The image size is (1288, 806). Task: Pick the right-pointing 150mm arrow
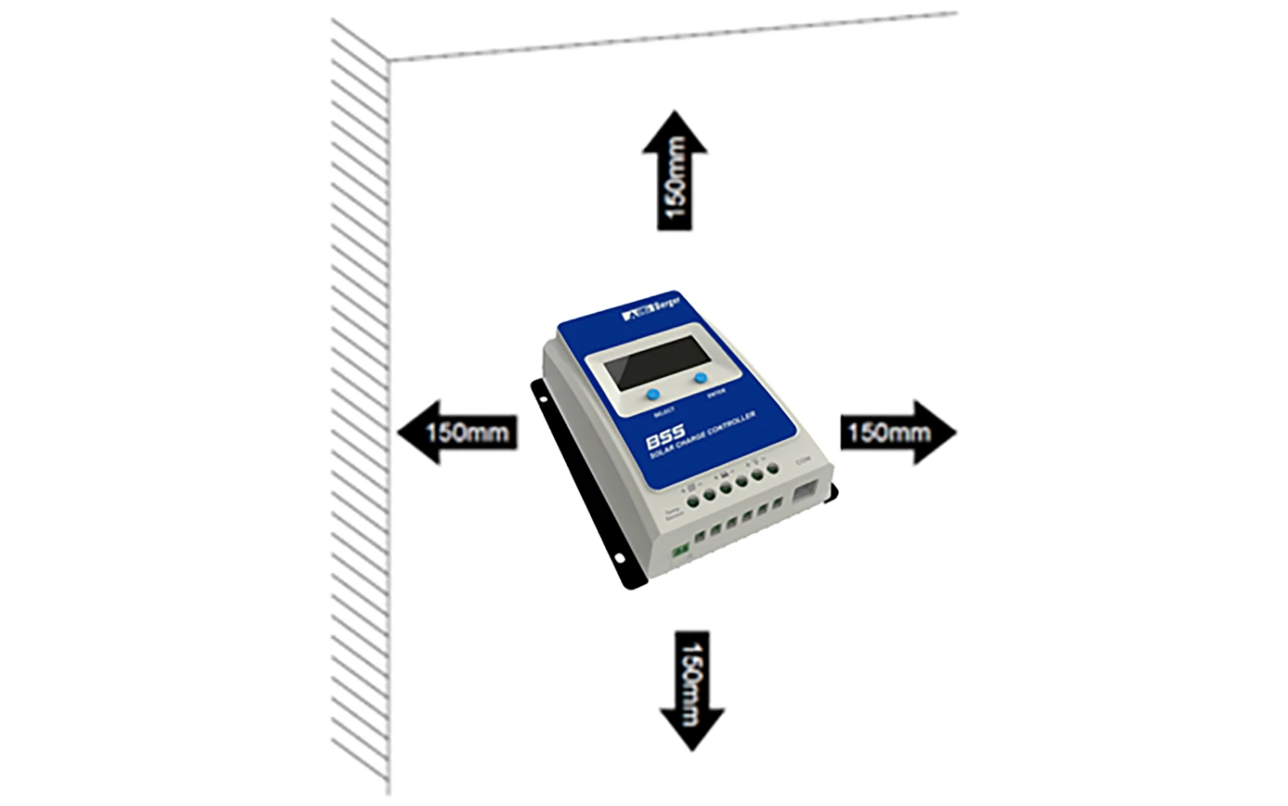[897, 431]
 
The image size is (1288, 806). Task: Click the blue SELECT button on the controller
[653, 394]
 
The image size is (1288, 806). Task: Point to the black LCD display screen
[652, 360]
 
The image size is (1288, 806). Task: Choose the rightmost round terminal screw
[773, 468]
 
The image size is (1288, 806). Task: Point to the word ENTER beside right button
[716, 393]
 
